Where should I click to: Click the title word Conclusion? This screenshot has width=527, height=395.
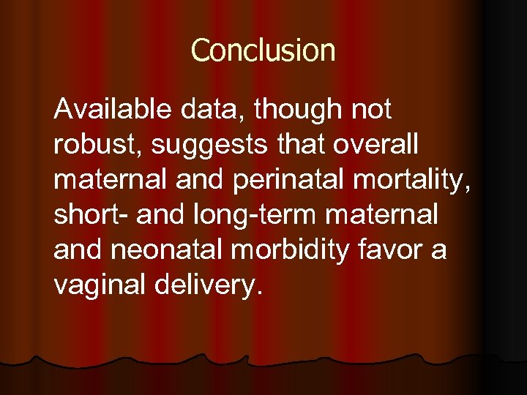tap(263, 50)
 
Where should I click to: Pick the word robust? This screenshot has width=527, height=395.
tap(97, 145)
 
